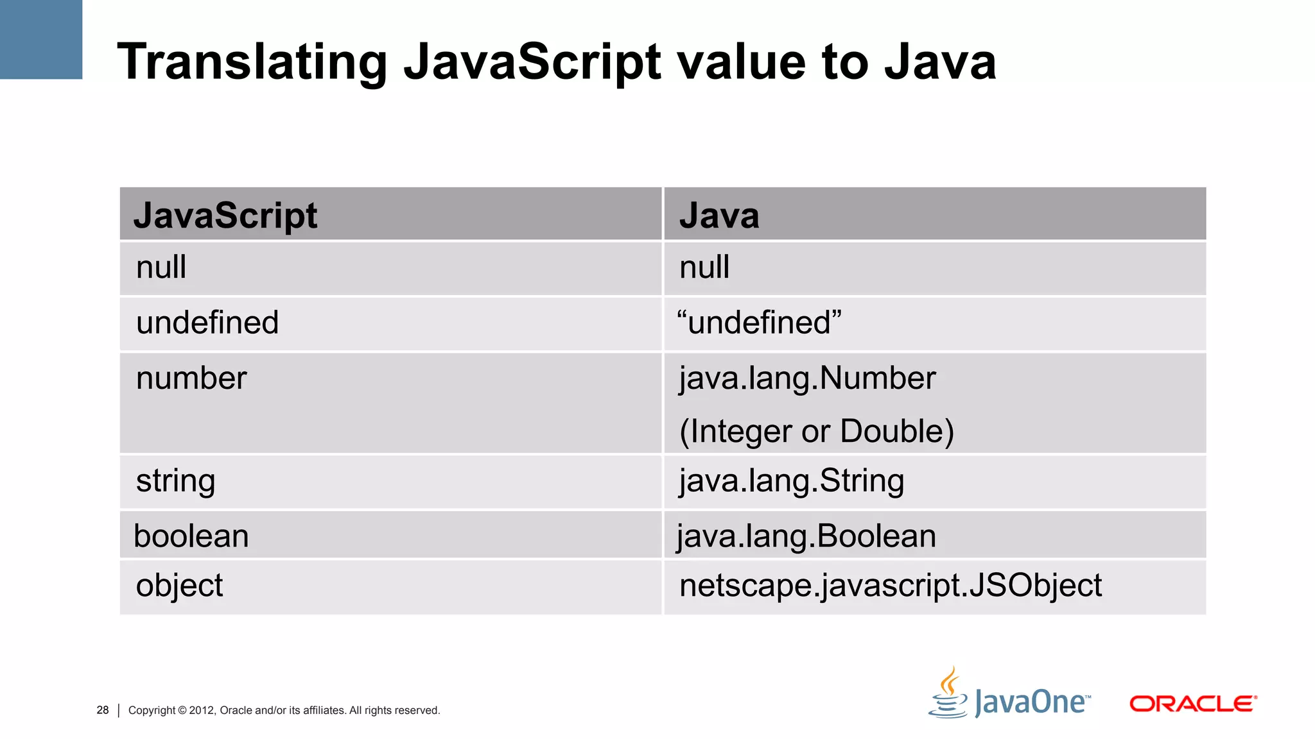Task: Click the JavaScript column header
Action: point(225,216)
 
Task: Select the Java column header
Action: point(719,216)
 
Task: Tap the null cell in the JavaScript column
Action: point(161,268)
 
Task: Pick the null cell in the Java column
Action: point(704,268)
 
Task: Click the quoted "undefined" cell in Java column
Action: point(760,323)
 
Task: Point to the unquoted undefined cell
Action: point(207,323)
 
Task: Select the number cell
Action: point(191,378)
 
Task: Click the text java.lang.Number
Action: point(808,378)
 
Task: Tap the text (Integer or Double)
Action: point(817,432)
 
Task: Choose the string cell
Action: point(175,481)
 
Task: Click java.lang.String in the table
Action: point(792,481)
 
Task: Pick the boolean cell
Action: point(191,536)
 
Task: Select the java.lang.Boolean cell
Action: point(806,536)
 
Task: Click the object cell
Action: point(179,586)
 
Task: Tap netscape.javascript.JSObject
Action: point(891,586)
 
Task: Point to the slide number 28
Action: point(103,710)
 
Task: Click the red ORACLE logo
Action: point(1193,704)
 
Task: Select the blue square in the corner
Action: point(41,39)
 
